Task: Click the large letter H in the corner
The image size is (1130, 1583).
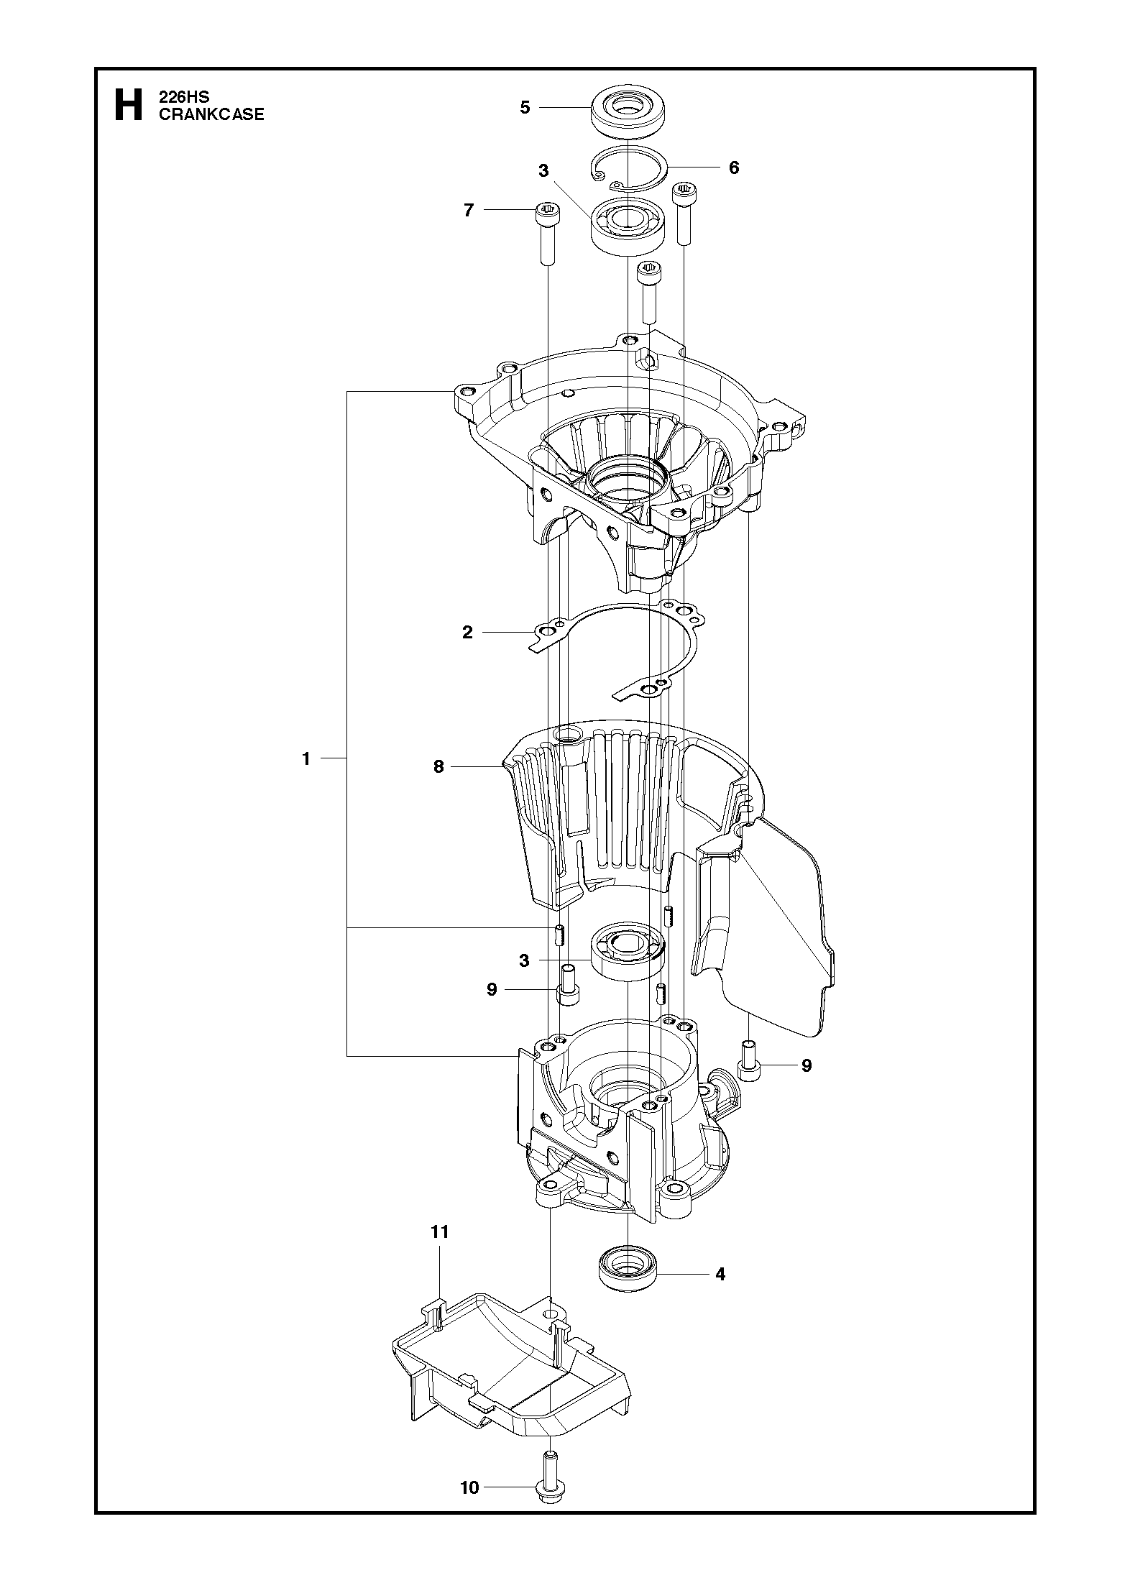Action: click(129, 106)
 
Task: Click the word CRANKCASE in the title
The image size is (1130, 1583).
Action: click(211, 114)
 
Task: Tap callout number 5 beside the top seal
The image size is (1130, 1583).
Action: click(525, 107)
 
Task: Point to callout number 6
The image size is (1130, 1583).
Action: click(733, 168)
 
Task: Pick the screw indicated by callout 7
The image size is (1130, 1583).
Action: click(548, 232)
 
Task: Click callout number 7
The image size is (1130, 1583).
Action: click(469, 211)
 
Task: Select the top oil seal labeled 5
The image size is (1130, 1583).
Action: click(628, 110)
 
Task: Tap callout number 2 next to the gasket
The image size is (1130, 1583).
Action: click(468, 633)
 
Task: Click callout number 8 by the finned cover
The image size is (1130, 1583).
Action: click(438, 767)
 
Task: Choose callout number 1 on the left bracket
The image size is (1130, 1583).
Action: click(306, 758)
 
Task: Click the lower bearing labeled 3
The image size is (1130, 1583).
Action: click(629, 950)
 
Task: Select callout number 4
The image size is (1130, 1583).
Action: click(720, 1275)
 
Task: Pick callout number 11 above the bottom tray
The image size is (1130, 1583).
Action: click(439, 1231)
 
